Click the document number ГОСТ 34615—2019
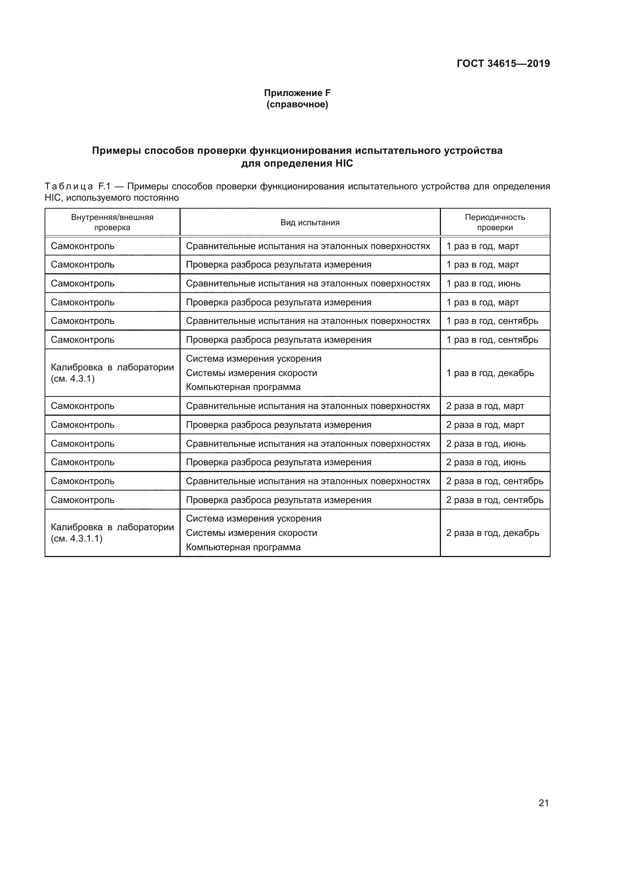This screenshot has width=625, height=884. (503, 63)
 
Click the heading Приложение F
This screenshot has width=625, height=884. (297, 93)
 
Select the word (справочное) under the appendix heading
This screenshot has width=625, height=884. (297, 104)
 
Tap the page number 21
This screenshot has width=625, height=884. (543, 803)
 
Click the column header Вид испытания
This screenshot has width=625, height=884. (310, 223)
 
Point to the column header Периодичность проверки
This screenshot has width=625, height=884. (495, 222)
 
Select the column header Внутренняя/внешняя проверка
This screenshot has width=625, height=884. (112, 222)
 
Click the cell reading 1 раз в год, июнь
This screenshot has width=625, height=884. (483, 283)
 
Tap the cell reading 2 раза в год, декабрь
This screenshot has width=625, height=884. (492, 533)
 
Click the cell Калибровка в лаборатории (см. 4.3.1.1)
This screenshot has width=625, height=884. (112, 533)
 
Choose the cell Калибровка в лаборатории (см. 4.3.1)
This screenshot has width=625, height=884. (112, 373)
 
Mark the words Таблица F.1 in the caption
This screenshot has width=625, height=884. (77, 187)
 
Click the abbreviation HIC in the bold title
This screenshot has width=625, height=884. (341, 164)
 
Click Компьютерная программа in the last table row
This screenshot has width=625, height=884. (243, 547)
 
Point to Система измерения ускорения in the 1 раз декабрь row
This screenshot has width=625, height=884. (254, 359)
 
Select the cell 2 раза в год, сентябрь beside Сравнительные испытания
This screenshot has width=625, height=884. (495, 481)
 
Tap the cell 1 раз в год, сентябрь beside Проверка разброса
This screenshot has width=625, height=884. (492, 340)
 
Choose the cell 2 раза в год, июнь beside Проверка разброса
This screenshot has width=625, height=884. (486, 462)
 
